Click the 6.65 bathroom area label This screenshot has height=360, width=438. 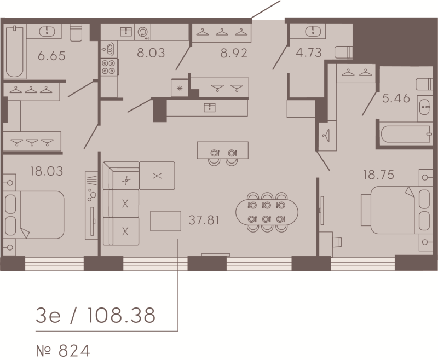click(x=51, y=56)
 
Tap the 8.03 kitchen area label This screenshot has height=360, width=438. click(x=151, y=53)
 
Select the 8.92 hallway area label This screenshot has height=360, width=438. click(x=234, y=53)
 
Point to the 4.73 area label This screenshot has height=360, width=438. click(x=309, y=53)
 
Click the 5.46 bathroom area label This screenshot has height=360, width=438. click(x=396, y=98)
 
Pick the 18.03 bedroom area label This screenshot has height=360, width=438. click(x=47, y=171)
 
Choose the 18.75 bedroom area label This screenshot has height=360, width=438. click(x=378, y=175)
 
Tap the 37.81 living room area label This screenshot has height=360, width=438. click(x=204, y=220)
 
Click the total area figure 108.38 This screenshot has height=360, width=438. click(x=121, y=315)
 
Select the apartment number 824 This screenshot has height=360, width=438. click(x=74, y=351)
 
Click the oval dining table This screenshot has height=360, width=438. click(x=267, y=212)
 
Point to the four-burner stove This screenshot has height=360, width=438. click(x=108, y=67)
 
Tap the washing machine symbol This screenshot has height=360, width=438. click(x=143, y=32)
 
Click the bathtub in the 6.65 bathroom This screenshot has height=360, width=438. click(x=15, y=51)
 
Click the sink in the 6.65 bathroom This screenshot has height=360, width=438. click(x=47, y=31)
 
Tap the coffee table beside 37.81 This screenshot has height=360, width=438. click(x=165, y=220)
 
